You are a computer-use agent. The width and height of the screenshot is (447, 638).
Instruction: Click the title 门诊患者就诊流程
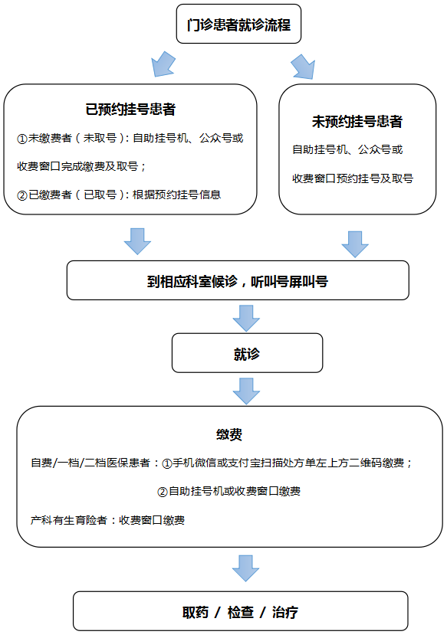(238, 25)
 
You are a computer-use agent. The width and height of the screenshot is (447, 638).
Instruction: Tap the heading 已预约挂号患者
(130, 109)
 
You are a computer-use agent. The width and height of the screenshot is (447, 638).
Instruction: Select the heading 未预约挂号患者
(357, 121)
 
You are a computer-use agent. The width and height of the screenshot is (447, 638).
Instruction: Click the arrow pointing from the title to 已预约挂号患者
(163, 64)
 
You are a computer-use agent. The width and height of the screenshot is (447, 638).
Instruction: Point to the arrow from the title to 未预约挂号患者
(303, 67)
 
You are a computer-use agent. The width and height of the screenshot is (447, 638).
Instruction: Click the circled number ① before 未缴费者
(22, 139)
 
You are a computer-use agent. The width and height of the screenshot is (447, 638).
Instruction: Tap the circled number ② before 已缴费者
(22, 195)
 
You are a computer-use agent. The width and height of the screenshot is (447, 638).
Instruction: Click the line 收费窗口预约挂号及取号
(353, 178)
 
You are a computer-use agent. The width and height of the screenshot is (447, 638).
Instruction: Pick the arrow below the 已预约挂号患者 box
(137, 241)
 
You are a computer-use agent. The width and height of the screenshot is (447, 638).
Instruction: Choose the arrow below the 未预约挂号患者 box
(355, 244)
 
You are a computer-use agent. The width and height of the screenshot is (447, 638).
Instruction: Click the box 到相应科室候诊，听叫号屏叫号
(238, 280)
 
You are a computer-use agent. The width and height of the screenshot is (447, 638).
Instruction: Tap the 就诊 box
(248, 353)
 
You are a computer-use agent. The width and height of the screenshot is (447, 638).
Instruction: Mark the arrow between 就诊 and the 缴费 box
(246, 391)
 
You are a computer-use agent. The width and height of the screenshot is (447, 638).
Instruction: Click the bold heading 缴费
(229, 434)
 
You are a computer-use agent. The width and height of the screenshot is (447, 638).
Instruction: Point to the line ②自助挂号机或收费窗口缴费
(229, 492)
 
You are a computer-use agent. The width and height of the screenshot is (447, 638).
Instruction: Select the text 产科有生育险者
(69, 520)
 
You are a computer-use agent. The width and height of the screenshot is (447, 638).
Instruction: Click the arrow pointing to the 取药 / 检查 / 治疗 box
(245, 568)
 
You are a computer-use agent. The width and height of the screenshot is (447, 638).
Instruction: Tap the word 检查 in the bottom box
(241, 612)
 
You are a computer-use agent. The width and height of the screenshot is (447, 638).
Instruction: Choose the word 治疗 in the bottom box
(285, 612)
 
